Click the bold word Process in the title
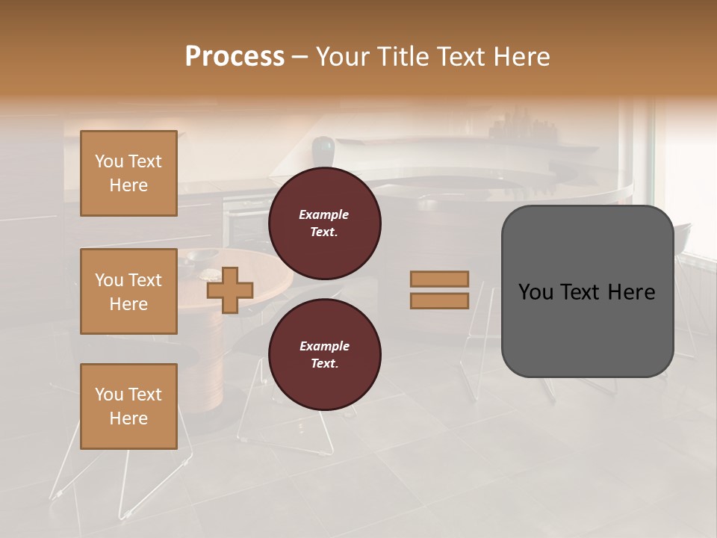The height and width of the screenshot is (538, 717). [235, 56]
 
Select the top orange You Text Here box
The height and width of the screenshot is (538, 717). [128, 173]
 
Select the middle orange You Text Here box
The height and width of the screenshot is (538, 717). [128, 291]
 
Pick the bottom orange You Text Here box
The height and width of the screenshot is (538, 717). [128, 406]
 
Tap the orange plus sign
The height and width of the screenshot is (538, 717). [230, 291]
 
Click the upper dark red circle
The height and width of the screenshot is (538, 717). [324, 223]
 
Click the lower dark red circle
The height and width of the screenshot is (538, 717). [324, 354]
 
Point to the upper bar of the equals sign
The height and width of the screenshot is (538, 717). [439, 279]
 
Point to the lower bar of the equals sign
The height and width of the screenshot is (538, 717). [439, 300]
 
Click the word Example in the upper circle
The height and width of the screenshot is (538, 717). [324, 214]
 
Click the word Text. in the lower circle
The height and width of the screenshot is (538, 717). [324, 363]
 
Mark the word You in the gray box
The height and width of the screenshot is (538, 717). [535, 292]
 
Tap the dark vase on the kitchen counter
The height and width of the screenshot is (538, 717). [323, 148]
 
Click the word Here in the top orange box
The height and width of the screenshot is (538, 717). [128, 185]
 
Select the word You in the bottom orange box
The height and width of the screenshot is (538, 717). [109, 395]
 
